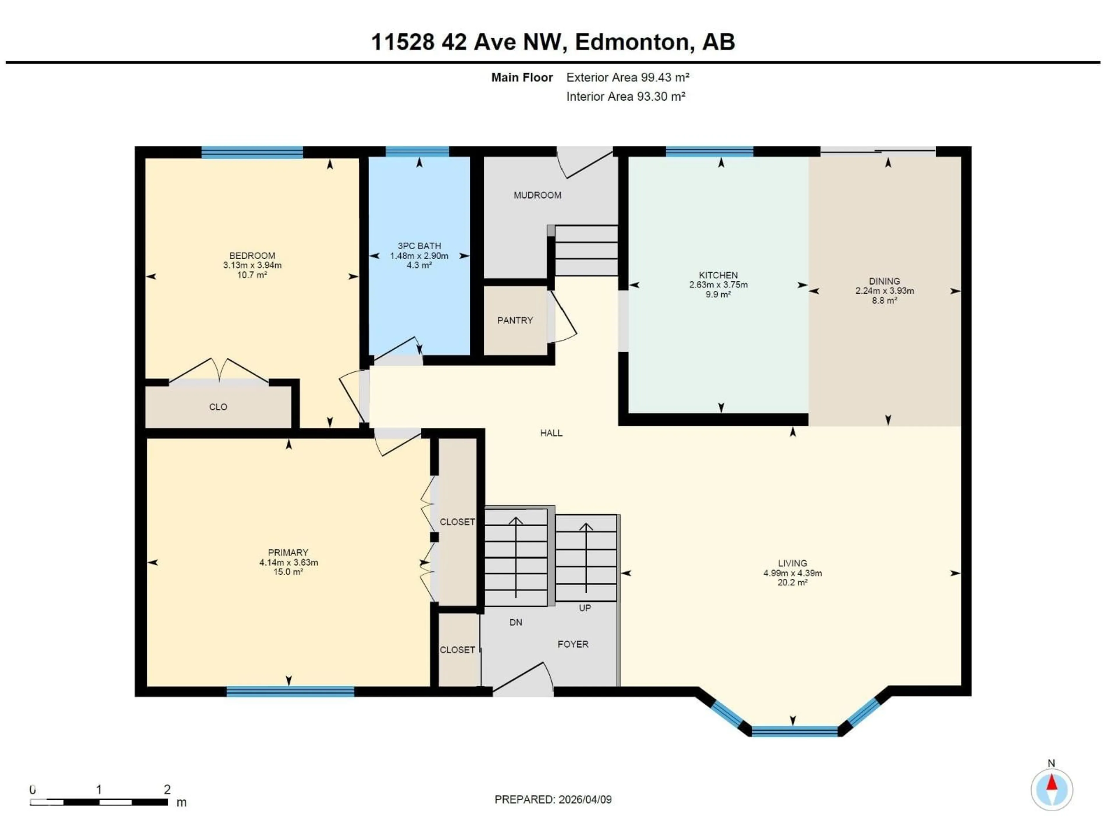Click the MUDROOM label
click(537, 195)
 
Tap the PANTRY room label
click(515, 320)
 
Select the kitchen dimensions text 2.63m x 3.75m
click(718, 285)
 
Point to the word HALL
click(551, 433)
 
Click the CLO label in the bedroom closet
click(218, 407)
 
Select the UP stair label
click(585, 608)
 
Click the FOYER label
click(573, 644)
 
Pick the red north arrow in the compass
click(1052, 783)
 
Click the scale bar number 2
click(167, 789)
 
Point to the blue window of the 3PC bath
click(417, 151)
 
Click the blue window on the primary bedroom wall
click(290, 691)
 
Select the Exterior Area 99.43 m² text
click(628, 77)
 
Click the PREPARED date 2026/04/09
click(585, 800)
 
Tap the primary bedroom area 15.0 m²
click(288, 572)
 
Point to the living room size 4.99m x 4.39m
click(793, 573)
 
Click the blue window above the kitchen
click(709, 151)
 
